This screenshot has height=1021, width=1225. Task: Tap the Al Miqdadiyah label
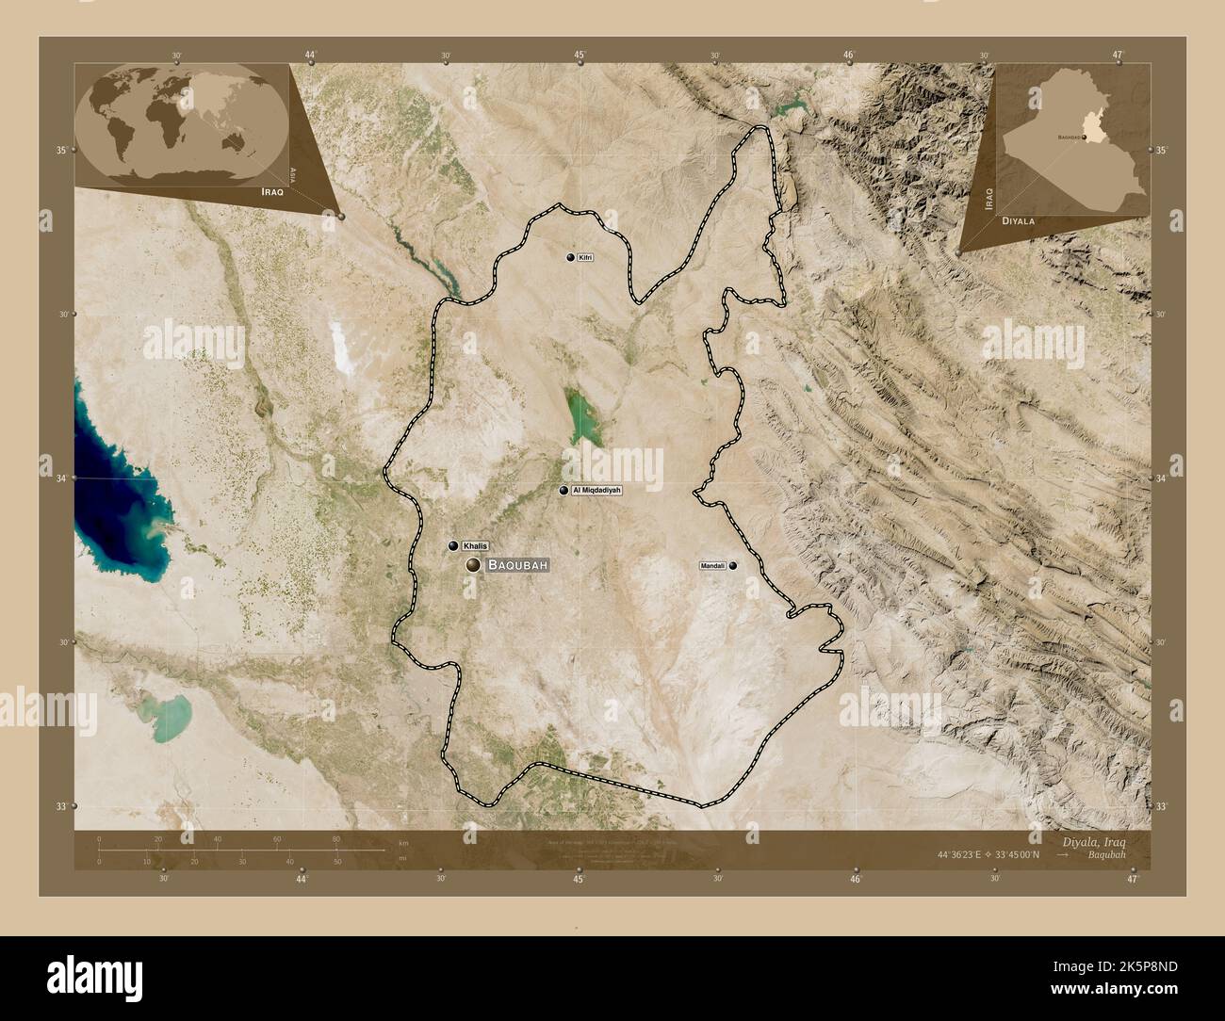(x=596, y=491)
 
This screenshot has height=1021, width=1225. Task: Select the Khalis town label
(x=476, y=545)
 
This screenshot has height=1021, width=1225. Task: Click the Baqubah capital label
(x=517, y=565)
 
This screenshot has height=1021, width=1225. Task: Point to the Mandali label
(x=712, y=566)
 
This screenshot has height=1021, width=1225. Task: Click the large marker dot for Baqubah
(x=472, y=565)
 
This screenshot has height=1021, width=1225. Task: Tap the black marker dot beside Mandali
(x=732, y=566)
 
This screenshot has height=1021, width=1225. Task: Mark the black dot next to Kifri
(x=570, y=257)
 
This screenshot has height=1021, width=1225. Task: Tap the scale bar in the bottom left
(x=240, y=851)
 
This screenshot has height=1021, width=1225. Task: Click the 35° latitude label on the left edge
(x=60, y=151)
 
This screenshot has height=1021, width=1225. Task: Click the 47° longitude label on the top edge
(x=1118, y=55)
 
